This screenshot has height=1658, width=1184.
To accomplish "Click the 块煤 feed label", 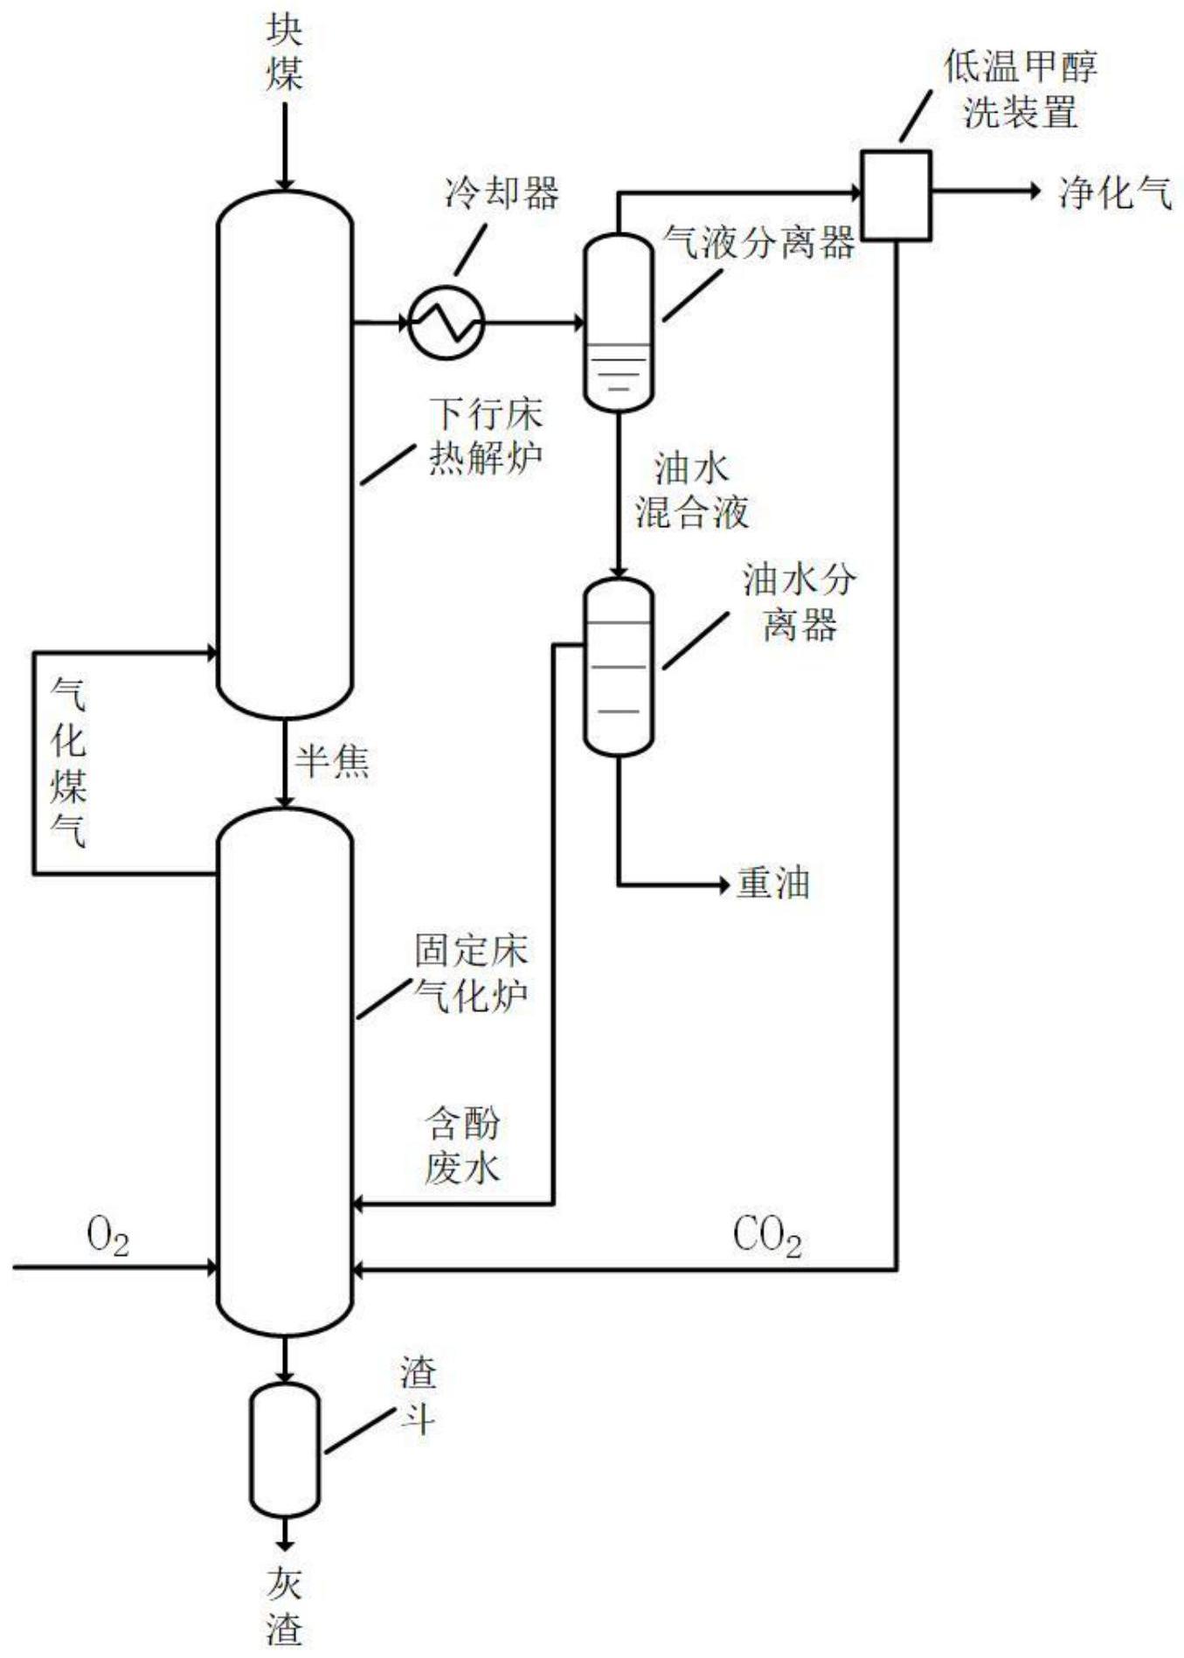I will (285, 54).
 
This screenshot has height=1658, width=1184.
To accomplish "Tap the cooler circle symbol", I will (447, 323).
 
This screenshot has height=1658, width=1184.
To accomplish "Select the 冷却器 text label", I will (502, 192).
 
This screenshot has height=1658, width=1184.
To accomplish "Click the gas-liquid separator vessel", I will (618, 322).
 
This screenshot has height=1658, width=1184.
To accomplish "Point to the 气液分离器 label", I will (758, 241).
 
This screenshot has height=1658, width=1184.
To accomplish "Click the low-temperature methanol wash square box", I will (896, 195).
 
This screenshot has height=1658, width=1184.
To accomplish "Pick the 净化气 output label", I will (1115, 192).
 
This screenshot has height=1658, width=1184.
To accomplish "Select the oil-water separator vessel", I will (618, 666).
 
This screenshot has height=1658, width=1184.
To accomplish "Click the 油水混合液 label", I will (691, 491).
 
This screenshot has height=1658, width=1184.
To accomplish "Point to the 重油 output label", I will (772, 884).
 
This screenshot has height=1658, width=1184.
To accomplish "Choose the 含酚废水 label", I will (462, 1146).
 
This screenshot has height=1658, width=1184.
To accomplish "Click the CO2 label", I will (766, 1238).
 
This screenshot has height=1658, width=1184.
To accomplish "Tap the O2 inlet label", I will (107, 1238).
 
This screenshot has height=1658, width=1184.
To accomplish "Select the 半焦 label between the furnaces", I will (332, 761).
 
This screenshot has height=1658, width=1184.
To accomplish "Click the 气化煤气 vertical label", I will (68, 762).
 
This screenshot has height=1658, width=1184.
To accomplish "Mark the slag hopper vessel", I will (285, 1450).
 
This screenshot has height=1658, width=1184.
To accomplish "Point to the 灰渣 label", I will (285, 1606).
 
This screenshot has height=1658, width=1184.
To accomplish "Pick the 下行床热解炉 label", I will (485, 436).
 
